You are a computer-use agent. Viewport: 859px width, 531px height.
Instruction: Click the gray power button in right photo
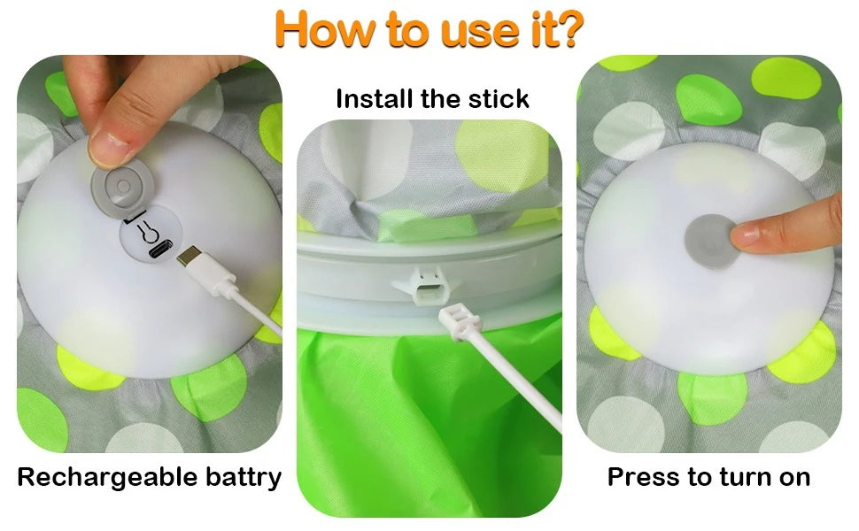click(x=708, y=234)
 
